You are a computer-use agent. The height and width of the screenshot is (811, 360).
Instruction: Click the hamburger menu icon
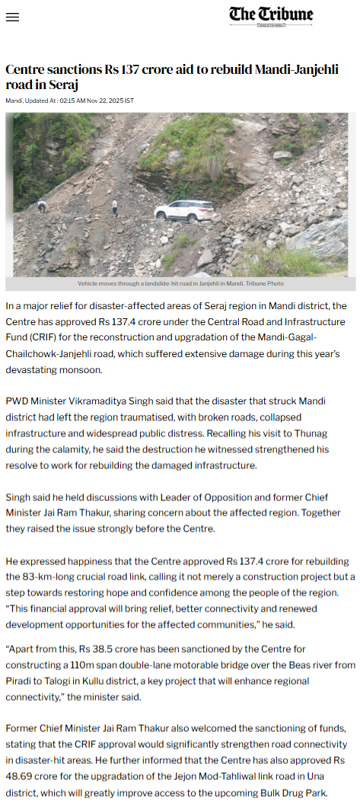(12, 18)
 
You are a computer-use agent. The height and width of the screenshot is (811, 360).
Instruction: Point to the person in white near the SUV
(115, 206)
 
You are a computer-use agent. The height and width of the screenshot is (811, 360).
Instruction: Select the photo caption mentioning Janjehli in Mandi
(180, 283)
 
